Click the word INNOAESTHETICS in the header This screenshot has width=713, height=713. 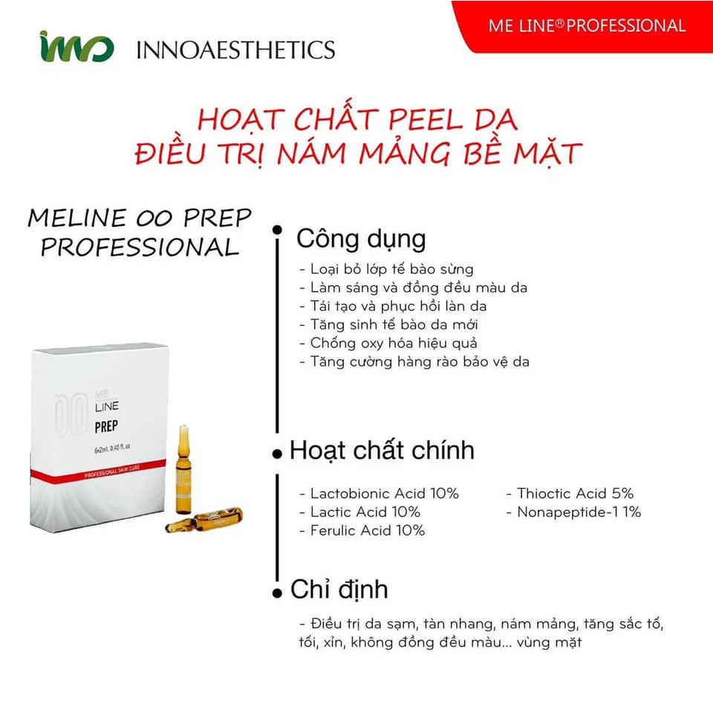pos(235,50)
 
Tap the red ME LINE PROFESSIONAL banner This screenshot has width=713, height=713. pos(587,25)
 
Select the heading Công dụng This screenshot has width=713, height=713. pos(361,239)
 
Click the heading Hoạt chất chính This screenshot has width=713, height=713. pos(382,451)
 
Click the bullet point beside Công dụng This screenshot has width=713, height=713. pos(277,230)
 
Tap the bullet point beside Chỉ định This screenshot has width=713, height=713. pos(277,593)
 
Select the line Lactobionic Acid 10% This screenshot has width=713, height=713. pos(379,493)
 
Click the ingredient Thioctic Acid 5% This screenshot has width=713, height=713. pos(570,493)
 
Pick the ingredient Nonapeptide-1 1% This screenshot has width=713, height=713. pos(573,512)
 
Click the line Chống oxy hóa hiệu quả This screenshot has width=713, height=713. pos(387,343)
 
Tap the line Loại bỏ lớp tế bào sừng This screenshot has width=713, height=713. pos(385,269)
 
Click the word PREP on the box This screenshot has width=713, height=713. pos(108,429)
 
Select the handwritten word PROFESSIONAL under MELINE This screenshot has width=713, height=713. pos(140,247)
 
